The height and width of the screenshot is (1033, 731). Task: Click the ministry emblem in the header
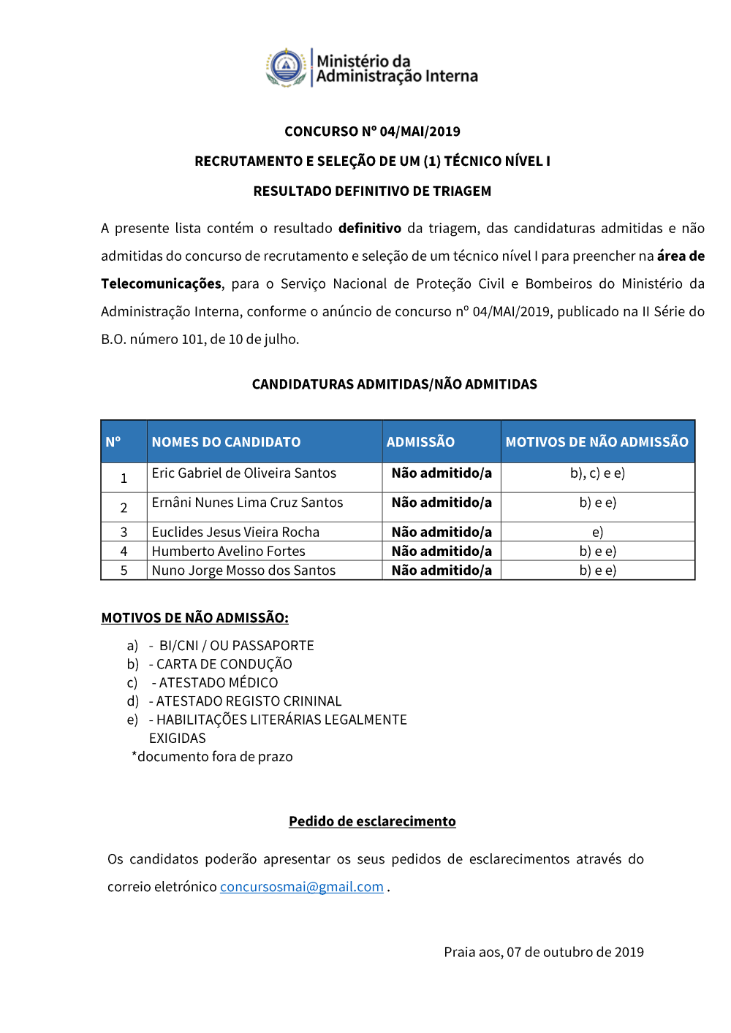(286, 67)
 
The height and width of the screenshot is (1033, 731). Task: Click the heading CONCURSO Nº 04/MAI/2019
(372, 131)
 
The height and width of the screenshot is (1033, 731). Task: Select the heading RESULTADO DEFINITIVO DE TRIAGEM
(372, 191)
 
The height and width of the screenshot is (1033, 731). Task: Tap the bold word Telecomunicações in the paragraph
(161, 283)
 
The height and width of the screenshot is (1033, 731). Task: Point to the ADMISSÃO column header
(420, 442)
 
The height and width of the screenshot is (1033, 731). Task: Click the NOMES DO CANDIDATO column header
(226, 442)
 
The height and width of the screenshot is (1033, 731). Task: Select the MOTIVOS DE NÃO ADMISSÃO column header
(596, 442)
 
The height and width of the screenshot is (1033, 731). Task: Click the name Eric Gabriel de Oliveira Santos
(243, 473)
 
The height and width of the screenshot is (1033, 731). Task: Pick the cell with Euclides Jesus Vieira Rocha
(235, 532)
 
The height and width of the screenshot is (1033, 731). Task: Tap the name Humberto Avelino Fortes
(228, 552)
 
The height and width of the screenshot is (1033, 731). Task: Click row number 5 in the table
(124, 571)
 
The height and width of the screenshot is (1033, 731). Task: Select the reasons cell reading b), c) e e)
(597, 473)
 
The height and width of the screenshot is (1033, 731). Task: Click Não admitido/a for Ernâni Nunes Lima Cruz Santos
(442, 503)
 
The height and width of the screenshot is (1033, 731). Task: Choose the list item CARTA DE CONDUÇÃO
(224, 664)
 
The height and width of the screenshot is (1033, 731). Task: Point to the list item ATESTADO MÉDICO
(218, 682)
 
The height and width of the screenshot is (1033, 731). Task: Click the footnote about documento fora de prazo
(212, 757)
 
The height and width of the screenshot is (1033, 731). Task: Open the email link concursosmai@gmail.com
(301, 887)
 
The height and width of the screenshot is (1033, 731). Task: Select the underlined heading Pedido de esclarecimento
(372, 821)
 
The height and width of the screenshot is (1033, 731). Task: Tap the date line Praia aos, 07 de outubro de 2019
(543, 952)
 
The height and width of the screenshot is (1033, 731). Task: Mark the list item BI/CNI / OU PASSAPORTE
(236, 646)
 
